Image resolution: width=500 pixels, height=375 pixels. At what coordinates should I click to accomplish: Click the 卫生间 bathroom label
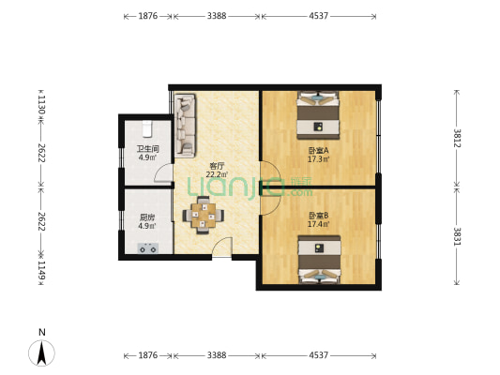tap(147, 149)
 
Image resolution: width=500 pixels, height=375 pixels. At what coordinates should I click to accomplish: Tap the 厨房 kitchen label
tap(147, 217)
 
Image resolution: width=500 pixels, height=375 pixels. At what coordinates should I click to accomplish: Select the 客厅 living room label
tap(217, 166)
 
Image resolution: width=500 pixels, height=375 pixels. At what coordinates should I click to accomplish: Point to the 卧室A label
tap(318, 150)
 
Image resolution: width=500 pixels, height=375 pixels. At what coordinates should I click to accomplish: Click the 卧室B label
tap(318, 216)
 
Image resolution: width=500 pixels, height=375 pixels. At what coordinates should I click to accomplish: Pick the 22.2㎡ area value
tap(217, 174)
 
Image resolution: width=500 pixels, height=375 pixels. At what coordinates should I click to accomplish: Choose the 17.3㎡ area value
tap(318, 158)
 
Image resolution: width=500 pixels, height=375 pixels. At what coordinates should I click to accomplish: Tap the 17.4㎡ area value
tap(318, 224)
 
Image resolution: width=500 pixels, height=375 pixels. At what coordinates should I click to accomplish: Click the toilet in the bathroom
tap(147, 128)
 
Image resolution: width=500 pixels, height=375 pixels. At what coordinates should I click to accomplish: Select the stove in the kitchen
tap(147, 248)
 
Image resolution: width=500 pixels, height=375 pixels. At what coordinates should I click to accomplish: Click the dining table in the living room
tap(204, 216)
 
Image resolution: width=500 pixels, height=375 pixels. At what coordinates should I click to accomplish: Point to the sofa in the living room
tap(185, 126)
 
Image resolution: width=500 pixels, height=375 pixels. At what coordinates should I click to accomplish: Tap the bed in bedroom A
tap(318, 115)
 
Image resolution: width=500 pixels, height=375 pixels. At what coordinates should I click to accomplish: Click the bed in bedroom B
tap(320, 260)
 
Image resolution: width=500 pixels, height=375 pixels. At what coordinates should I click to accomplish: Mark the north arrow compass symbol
tap(42, 352)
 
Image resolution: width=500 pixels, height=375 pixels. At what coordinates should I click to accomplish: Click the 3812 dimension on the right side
tap(457, 138)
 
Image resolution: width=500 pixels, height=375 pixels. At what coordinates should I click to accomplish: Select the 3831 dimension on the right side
tap(457, 236)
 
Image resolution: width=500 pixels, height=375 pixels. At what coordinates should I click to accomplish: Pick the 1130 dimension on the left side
tap(41, 105)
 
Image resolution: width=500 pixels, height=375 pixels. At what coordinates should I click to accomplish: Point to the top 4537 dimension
tap(318, 16)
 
